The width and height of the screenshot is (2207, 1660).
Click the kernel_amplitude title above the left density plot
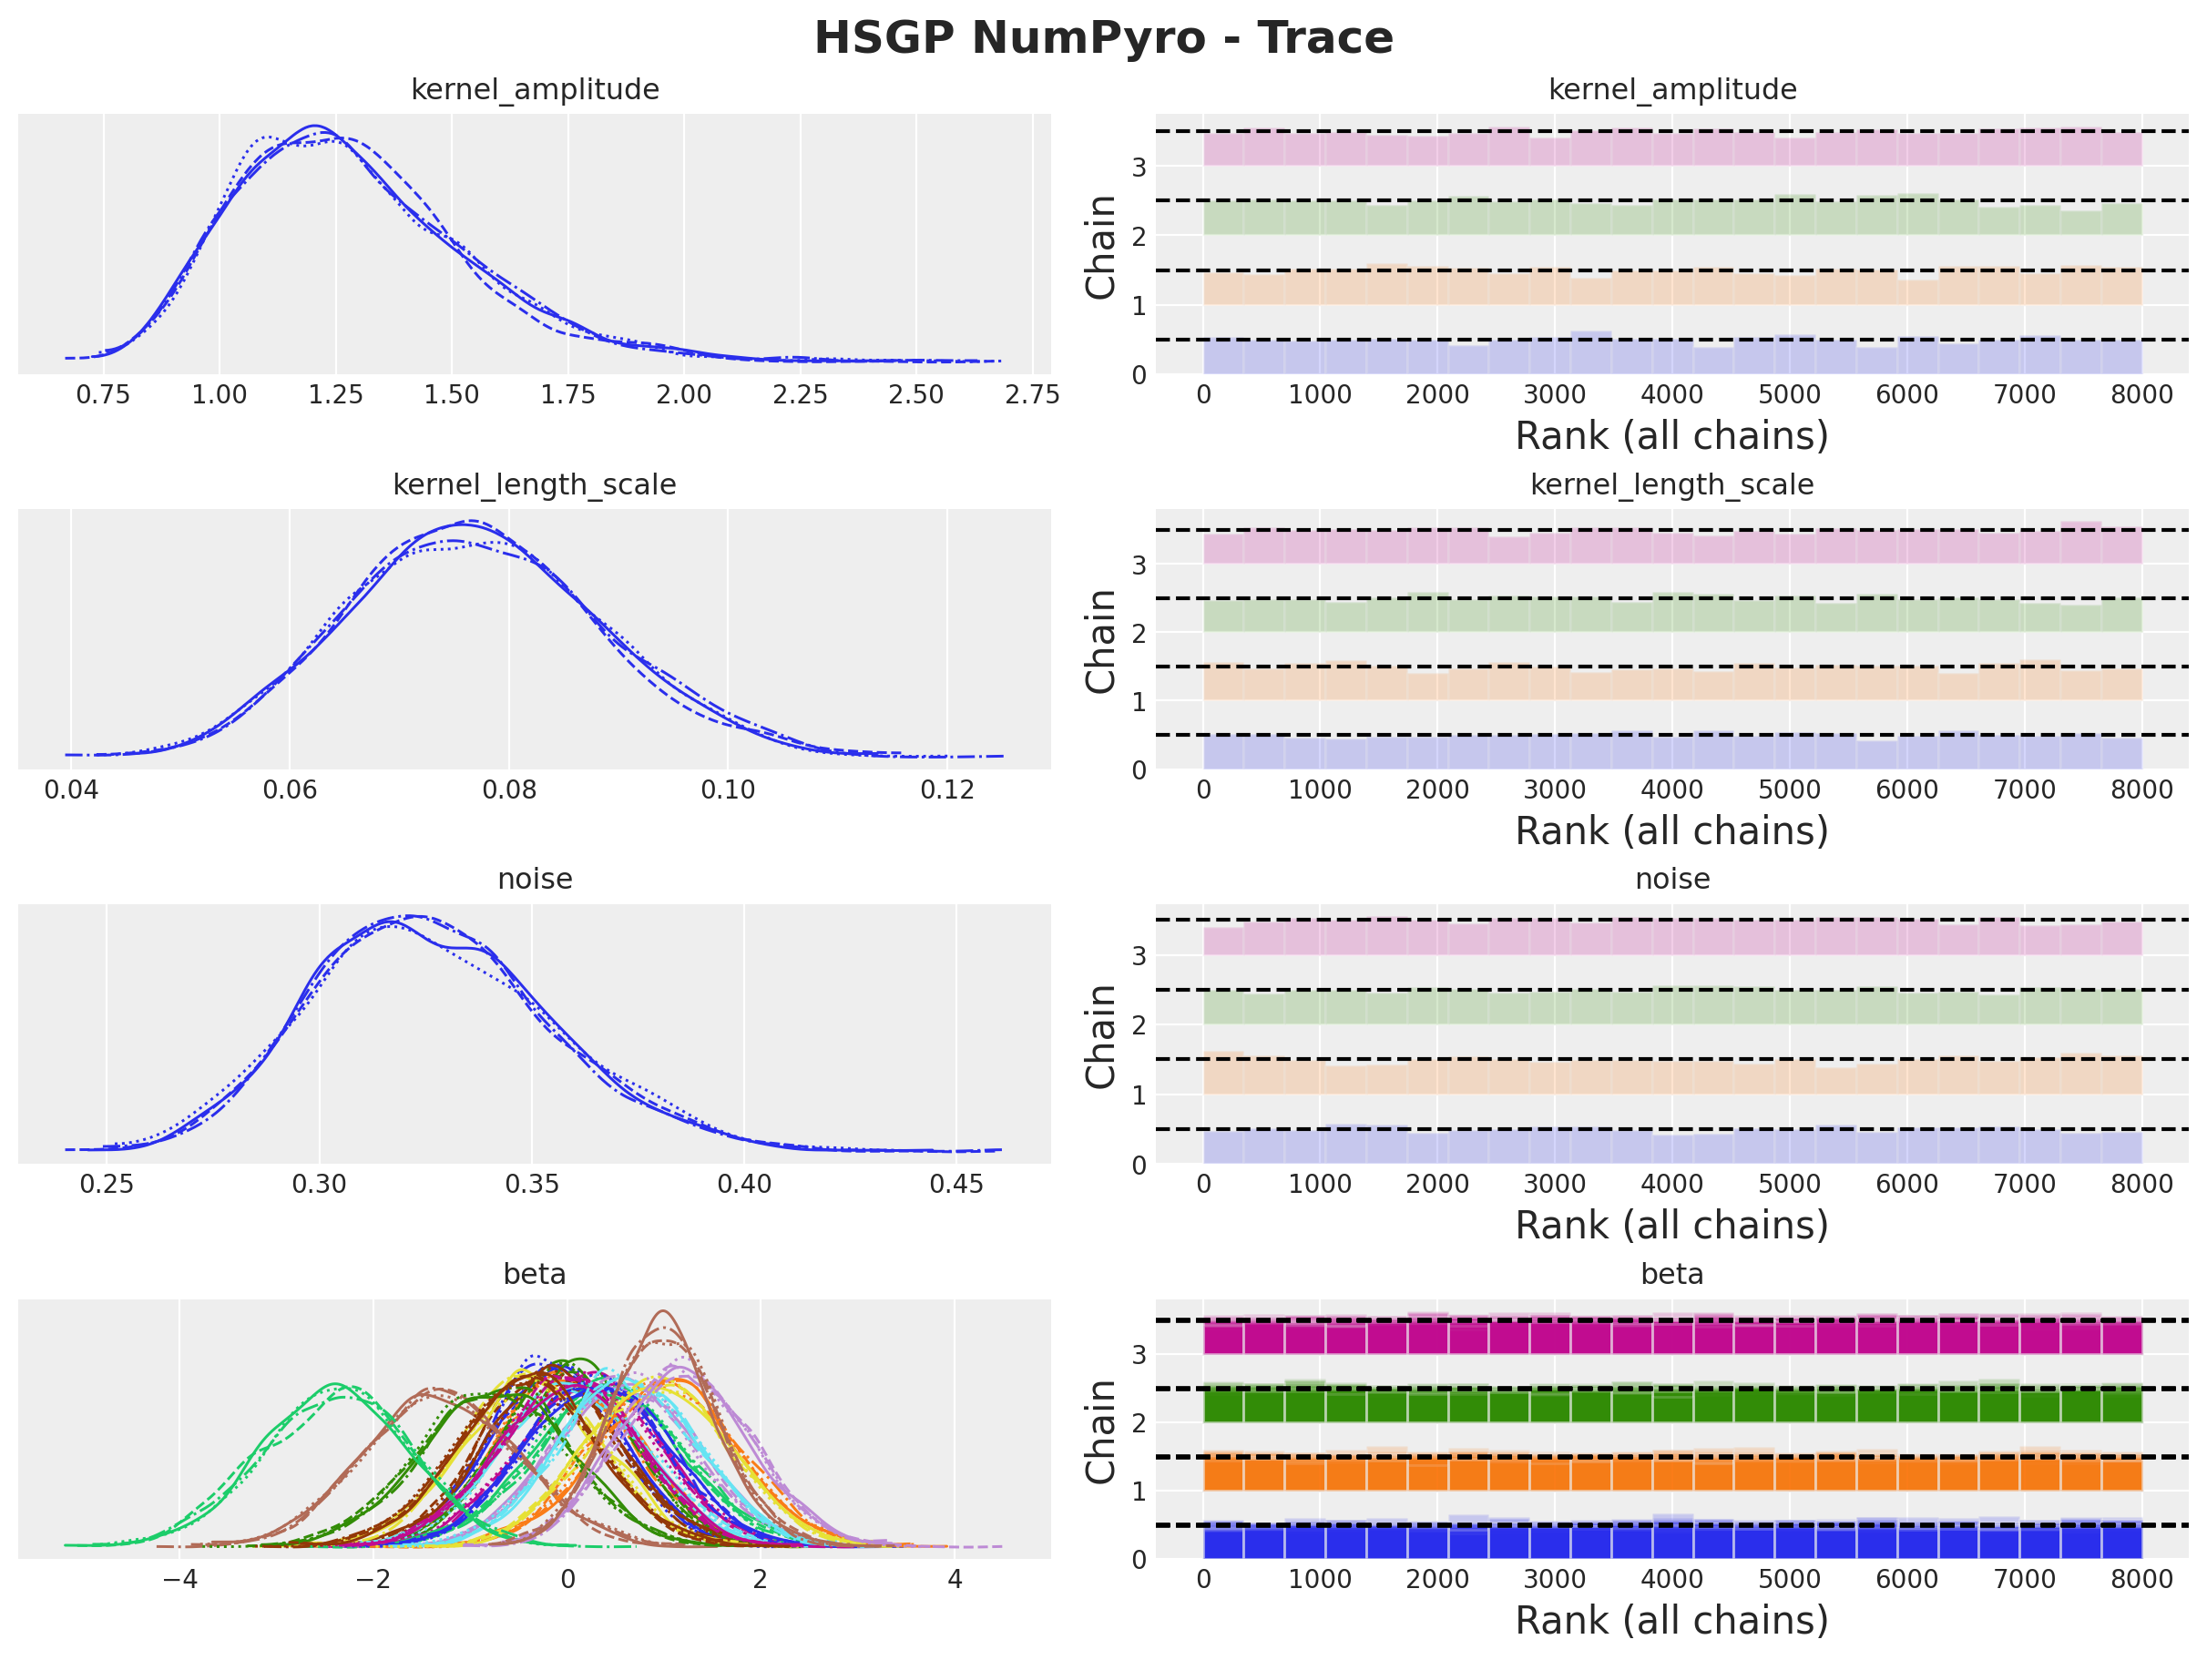(535, 90)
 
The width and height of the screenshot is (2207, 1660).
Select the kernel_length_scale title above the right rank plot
(1671, 484)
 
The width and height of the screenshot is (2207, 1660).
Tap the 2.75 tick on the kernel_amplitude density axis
(1032, 395)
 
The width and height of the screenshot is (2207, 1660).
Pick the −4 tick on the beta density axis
(179, 1579)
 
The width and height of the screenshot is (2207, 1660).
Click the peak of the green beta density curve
(335, 1386)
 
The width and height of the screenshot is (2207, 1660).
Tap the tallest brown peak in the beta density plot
(662, 1313)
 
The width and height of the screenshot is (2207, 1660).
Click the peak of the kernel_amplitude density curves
(315, 127)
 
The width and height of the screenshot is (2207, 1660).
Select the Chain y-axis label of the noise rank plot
(1100, 1036)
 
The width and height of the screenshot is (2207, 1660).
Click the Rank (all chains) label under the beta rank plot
(1671, 1621)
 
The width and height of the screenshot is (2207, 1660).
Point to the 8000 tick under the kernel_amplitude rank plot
(2141, 395)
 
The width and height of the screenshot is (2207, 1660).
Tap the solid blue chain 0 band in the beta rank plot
(1671, 1543)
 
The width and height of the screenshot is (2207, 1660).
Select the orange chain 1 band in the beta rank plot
(1671, 1473)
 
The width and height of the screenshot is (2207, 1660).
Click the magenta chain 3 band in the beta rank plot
(1671, 1338)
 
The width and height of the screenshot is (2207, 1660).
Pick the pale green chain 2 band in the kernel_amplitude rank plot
(1671, 219)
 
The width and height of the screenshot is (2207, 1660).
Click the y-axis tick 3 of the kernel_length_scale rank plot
(1139, 565)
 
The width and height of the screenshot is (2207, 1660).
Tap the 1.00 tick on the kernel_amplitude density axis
(219, 395)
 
